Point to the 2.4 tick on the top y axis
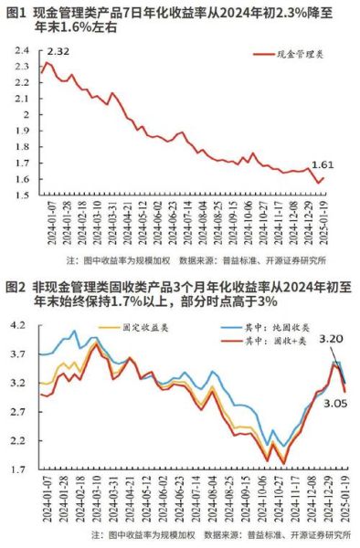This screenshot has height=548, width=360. click(20, 49)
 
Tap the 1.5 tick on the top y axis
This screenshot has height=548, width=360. click(20, 195)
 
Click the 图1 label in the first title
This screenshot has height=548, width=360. click(16, 11)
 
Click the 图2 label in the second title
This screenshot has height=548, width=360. click(16, 287)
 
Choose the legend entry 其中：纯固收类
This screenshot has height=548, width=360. click(252, 325)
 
